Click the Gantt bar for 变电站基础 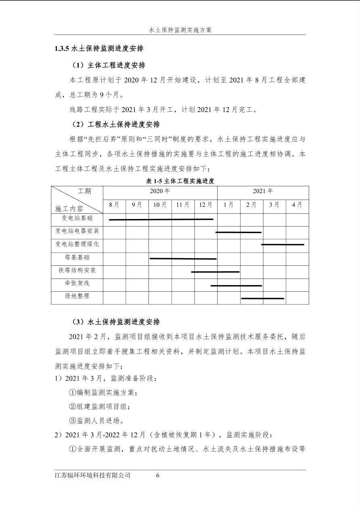pyautogui.click(x=161, y=219)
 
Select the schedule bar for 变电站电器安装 pyautogui.click(x=239, y=232)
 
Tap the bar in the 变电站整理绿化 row pyautogui.click(x=283, y=244)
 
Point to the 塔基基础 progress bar pyautogui.click(x=183, y=259)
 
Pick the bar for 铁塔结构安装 pyautogui.click(x=215, y=272)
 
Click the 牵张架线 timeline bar pyautogui.click(x=236, y=286)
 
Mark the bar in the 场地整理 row pyautogui.click(x=262, y=298)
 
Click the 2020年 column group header pyautogui.click(x=160, y=191)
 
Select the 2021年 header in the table pyautogui.click(x=263, y=191)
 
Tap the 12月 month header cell pyautogui.click(x=205, y=205)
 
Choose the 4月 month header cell pyautogui.click(x=297, y=205)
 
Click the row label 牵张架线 pyautogui.click(x=77, y=283)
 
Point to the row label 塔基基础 pyautogui.click(x=77, y=257)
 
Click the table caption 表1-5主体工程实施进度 pyautogui.click(x=180, y=181)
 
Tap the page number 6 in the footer pyautogui.click(x=158, y=476)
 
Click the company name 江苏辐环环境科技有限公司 pyautogui.click(x=92, y=476)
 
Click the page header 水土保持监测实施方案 pyautogui.click(x=180, y=30)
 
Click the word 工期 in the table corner pyautogui.click(x=84, y=191)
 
